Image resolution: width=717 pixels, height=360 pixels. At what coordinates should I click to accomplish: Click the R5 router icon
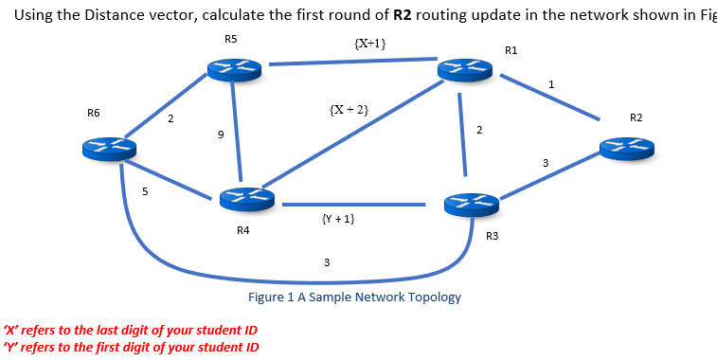tap(233, 67)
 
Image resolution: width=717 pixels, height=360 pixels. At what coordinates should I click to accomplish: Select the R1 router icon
tap(463, 70)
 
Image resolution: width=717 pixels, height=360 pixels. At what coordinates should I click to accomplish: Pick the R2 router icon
tap(626, 147)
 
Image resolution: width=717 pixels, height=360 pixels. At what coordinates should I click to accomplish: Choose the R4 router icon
tap(246, 199)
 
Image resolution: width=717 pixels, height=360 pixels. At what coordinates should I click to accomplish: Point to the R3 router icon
tap(471, 203)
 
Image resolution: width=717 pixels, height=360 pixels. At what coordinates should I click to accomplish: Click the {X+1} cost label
tap(368, 44)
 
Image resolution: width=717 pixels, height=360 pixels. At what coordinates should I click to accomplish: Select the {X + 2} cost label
tap(349, 111)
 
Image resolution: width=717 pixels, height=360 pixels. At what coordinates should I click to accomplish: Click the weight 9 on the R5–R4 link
tap(221, 135)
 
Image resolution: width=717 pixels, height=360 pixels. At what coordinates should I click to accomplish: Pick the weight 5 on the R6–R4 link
tap(145, 192)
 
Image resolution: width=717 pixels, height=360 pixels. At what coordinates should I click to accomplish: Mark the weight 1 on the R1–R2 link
tap(551, 86)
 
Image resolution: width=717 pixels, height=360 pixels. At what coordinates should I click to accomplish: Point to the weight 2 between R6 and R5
tap(170, 119)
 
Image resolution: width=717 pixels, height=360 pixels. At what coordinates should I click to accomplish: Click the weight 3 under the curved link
tap(327, 261)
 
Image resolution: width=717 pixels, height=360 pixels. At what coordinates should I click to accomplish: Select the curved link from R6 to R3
tap(284, 280)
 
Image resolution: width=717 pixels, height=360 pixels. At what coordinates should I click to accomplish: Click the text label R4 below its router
tap(243, 230)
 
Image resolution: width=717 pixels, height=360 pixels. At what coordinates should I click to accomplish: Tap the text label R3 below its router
tap(491, 235)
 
